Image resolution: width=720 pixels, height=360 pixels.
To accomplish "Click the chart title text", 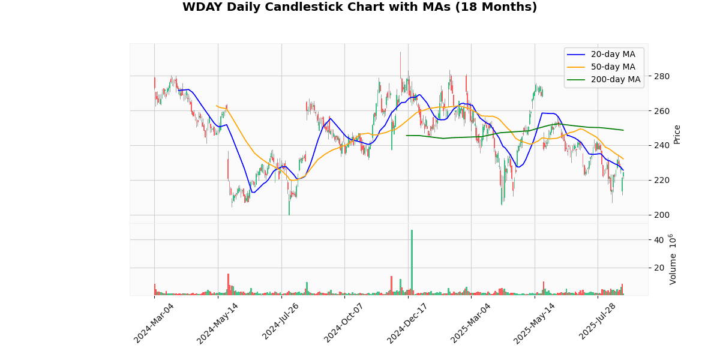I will [x=359, y=7].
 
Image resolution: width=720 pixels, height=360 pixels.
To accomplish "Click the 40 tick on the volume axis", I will [x=658, y=240].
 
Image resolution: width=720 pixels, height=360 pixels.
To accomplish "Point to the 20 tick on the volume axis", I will [x=658, y=268].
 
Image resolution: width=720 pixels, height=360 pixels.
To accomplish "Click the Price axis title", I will [x=677, y=134].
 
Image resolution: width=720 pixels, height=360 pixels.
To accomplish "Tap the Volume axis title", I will [x=673, y=259].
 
